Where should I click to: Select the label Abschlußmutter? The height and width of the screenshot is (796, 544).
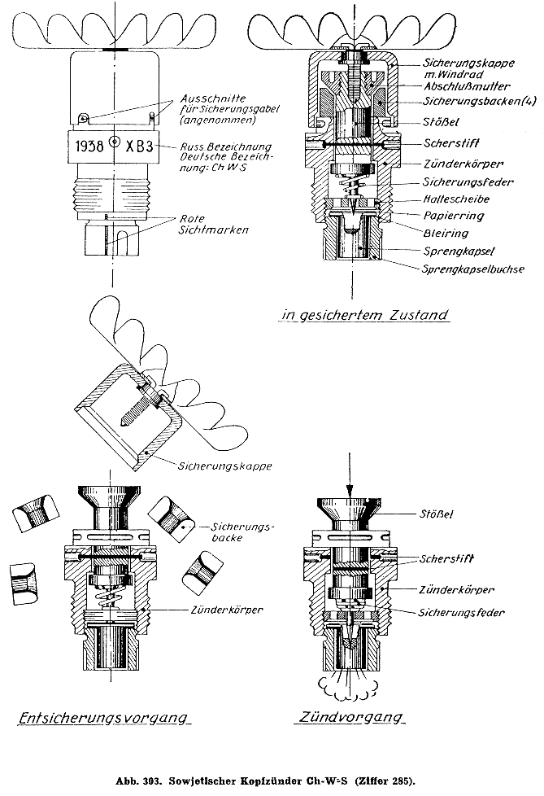[460, 85]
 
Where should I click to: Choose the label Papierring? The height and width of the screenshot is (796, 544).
[454, 216]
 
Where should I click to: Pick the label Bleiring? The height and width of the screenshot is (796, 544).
[446, 234]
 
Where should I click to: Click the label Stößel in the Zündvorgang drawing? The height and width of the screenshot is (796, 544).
[437, 514]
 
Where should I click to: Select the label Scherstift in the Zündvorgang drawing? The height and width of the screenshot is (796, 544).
[449, 559]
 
